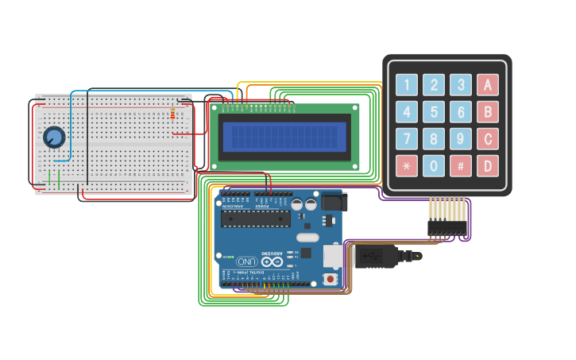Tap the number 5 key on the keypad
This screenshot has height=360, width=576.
(434, 112)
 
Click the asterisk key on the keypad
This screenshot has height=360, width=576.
(407, 166)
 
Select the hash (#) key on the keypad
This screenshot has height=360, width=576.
(461, 166)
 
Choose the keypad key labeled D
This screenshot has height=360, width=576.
(488, 166)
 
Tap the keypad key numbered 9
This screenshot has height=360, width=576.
(461, 139)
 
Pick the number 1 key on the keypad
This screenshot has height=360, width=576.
(407, 85)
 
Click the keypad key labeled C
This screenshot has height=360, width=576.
(488, 139)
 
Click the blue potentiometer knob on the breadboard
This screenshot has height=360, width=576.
(54, 137)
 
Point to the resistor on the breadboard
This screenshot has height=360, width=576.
(173, 114)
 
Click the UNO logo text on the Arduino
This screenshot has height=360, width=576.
(247, 261)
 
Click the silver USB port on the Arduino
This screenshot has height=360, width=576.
(333, 255)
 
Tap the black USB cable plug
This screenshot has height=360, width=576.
(373, 257)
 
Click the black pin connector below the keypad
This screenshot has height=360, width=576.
(447, 226)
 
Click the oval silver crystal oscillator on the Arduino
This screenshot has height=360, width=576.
(307, 237)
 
